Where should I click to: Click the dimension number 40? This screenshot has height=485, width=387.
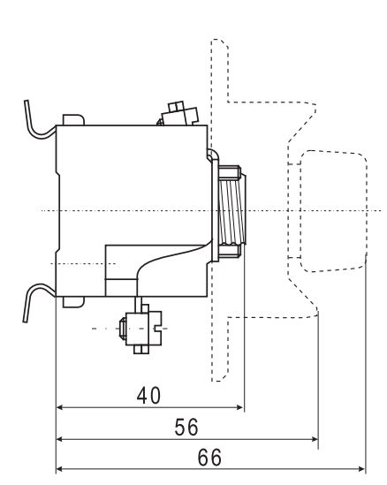point(148,395)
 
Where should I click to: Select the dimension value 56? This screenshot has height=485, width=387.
point(186,428)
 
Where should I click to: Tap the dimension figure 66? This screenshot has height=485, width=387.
point(209,458)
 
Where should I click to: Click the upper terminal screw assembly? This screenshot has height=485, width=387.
point(178,114)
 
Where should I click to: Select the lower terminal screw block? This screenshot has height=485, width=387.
point(141,329)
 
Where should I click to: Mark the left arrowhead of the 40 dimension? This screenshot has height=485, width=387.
point(60,407)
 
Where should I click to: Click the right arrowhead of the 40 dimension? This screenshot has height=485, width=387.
point(240,407)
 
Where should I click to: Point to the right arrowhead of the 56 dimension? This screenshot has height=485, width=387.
point(315,439)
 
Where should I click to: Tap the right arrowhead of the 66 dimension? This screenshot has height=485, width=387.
point(361,469)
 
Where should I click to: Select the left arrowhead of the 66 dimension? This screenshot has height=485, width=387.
point(60,469)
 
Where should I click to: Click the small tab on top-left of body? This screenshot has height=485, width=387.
point(73,119)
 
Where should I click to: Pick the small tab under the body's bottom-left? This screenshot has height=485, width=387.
point(73,302)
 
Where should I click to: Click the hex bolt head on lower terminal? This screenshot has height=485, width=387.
point(123,329)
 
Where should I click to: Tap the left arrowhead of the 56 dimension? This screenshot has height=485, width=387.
point(60,439)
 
